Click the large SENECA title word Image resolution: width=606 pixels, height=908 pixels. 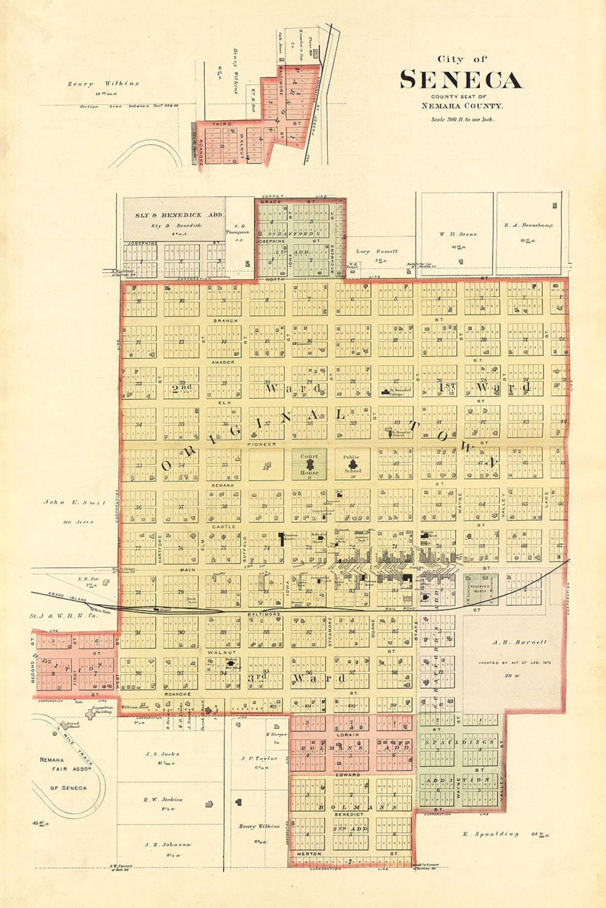pos(461,80)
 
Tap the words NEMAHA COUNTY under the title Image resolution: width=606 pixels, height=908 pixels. pos(462,105)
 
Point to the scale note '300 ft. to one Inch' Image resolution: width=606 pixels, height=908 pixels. pos(462,119)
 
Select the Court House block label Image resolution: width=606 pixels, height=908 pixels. pos(309,464)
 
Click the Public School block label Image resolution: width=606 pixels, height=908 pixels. pos(352,464)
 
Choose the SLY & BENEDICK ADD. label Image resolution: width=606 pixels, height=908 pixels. pos(179,215)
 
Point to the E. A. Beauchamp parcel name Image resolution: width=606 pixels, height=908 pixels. pos(528,225)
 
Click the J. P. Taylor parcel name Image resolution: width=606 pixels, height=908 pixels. pos(259,758)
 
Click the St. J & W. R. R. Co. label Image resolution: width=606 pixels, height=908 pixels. pos(63,615)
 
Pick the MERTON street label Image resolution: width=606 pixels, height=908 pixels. pos(309,854)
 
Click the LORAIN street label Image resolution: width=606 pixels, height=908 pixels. pos(348,734)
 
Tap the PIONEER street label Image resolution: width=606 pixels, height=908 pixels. pos(261,444)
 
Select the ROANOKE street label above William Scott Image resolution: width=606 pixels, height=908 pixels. pos(177,694)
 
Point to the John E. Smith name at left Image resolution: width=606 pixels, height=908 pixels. pos(75,502)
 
